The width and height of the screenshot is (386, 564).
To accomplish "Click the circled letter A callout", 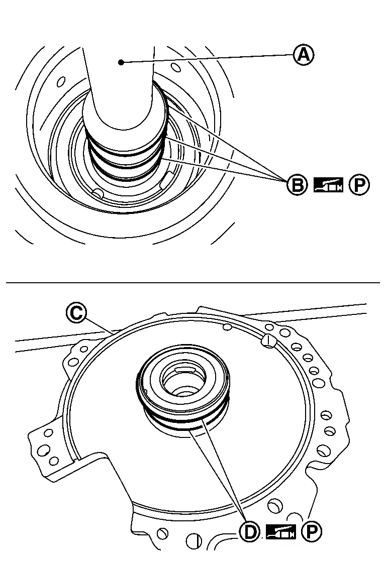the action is [303, 55].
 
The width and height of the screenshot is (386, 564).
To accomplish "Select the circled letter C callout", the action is [76, 312].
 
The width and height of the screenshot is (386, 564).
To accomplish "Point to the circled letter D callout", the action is [250, 531].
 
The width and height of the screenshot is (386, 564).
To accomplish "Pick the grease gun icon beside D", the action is [281, 531].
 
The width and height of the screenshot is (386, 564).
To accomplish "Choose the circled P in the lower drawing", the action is [312, 531].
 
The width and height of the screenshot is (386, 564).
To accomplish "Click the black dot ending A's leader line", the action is [121, 62].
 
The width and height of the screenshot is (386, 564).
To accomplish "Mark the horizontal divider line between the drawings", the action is [192, 283].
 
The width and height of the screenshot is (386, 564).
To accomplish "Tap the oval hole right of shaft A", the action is [174, 67].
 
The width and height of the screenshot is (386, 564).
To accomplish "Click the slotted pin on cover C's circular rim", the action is [268, 340].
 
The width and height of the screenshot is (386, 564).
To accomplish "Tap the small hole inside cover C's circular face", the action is [227, 326].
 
